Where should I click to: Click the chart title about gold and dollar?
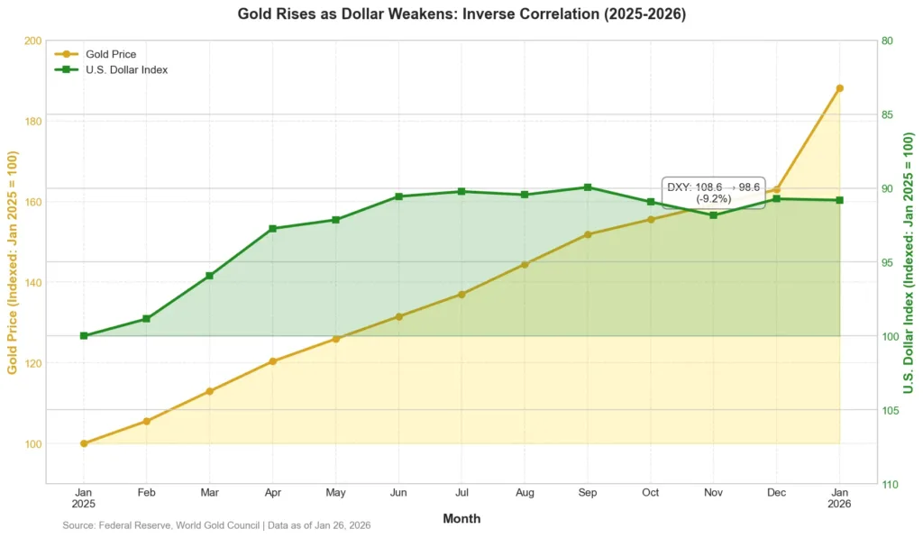pyautogui.click(x=461, y=14)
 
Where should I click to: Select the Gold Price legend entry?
pyautogui.click(x=110, y=54)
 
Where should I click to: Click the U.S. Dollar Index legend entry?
pyautogui.click(x=126, y=69)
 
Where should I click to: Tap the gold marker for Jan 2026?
pyautogui.click(x=839, y=88)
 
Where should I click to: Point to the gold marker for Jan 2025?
pyautogui.click(x=84, y=443)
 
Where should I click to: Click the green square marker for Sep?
pyautogui.click(x=588, y=187)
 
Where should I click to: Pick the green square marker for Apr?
pyautogui.click(x=272, y=229)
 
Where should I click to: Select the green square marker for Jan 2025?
pyautogui.click(x=84, y=336)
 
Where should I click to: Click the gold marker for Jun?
pyautogui.click(x=398, y=316)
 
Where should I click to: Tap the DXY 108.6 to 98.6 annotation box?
pyautogui.click(x=713, y=192)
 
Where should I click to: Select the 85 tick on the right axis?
pyautogui.click(x=887, y=114)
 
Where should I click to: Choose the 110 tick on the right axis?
pyautogui.click(x=890, y=484)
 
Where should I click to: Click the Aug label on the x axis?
pyautogui.click(x=524, y=493)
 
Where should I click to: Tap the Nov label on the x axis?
pyautogui.click(x=713, y=493)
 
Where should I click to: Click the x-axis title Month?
pyautogui.click(x=461, y=518)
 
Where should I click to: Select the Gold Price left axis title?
pyautogui.click(x=13, y=262)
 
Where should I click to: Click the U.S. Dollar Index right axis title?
pyautogui.click(x=909, y=262)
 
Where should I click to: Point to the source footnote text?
pyautogui.click(x=216, y=524)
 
